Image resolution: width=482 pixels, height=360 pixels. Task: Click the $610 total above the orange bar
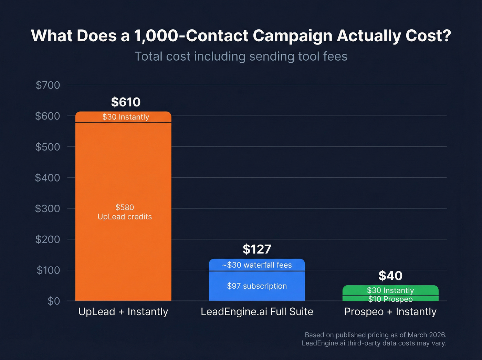pyautogui.click(x=126, y=102)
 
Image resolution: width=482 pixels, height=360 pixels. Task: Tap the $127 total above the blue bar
pyautogui.click(x=257, y=249)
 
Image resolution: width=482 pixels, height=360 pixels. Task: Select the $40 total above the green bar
pyautogui.click(x=390, y=276)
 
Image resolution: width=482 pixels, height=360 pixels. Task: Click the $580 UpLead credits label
pyautogui.click(x=125, y=212)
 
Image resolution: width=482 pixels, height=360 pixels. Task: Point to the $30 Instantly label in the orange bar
pyautogui.click(x=126, y=117)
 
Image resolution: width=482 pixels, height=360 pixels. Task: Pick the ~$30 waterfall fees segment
pyautogui.click(x=257, y=265)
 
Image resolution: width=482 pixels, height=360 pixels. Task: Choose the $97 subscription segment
pyautogui.click(x=257, y=286)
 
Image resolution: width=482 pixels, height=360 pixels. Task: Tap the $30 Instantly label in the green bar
pyautogui.click(x=390, y=290)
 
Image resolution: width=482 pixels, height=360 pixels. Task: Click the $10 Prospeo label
pyautogui.click(x=390, y=299)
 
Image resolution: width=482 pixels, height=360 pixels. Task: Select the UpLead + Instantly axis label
pyautogui.click(x=123, y=312)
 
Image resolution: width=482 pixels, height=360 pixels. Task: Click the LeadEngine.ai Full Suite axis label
pyautogui.click(x=257, y=312)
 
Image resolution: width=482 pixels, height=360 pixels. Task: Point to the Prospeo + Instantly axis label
pyautogui.click(x=390, y=312)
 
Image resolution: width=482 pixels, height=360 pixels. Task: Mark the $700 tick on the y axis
pyautogui.click(x=48, y=85)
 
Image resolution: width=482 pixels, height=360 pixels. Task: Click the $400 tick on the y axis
pyautogui.click(x=48, y=178)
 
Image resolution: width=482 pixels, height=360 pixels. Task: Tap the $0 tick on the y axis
pyautogui.click(x=54, y=301)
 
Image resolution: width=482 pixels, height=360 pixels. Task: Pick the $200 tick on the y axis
pyautogui.click(x=48, y=239)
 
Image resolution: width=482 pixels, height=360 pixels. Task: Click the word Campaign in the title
pyautogui.click(x=292, y=36)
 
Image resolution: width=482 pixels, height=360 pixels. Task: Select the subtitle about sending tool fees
pyautogui.click(x=241, y=56)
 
